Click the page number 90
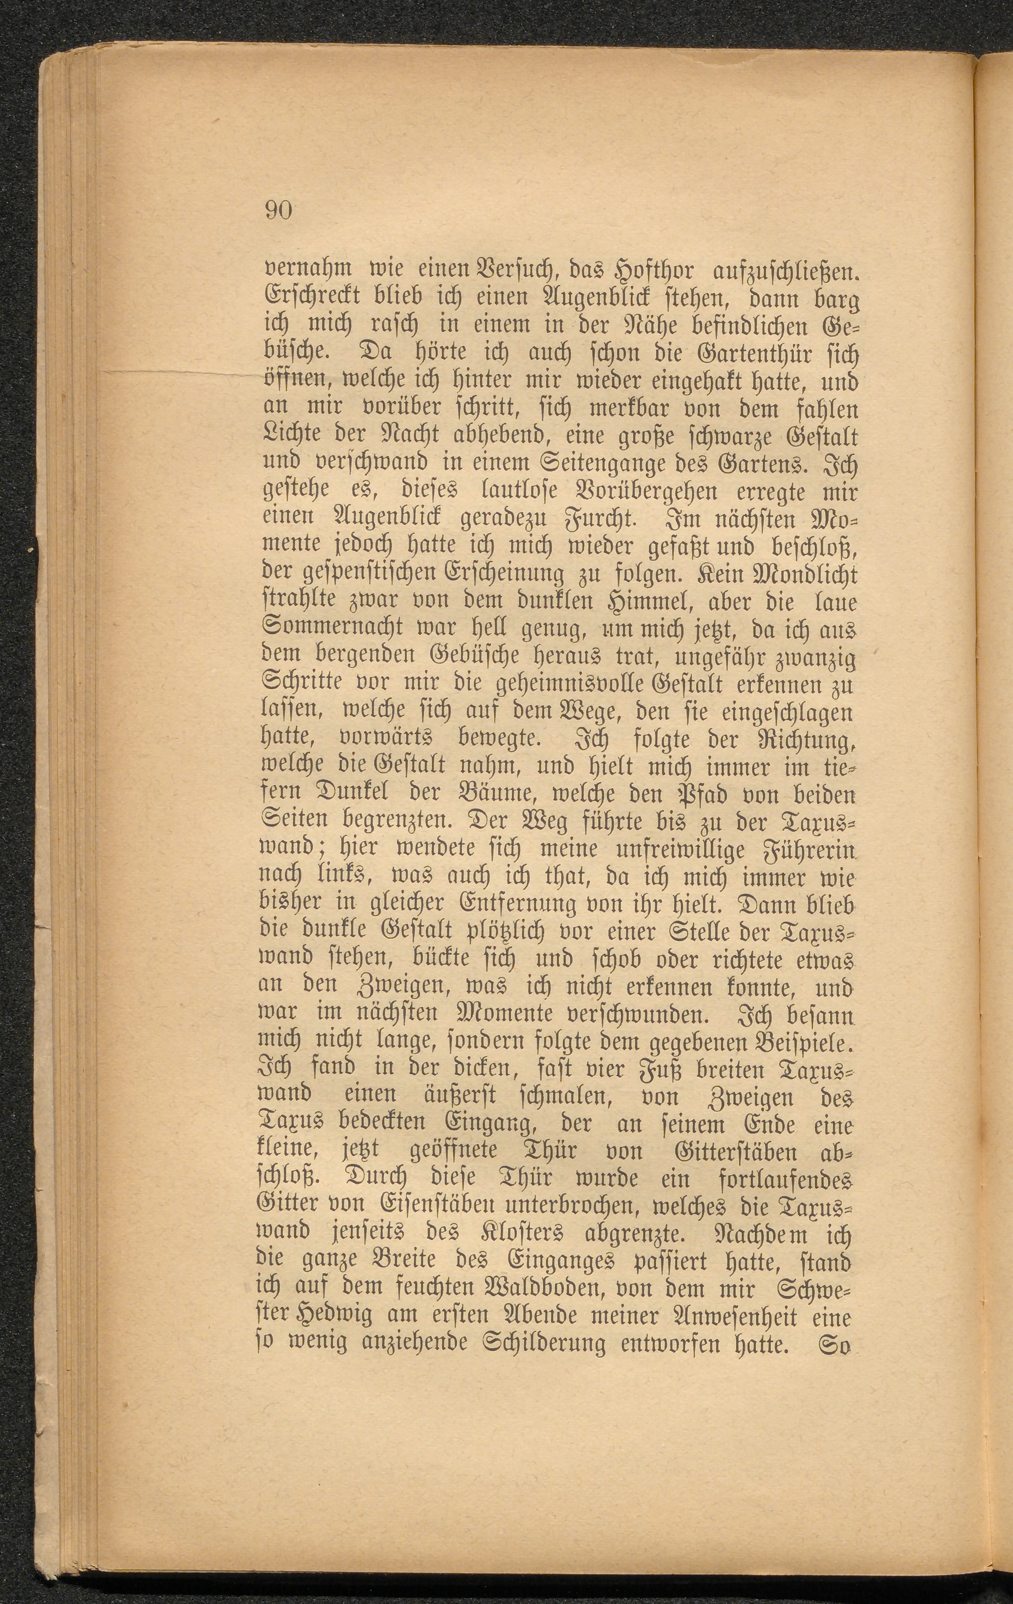[x=279, y=210]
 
